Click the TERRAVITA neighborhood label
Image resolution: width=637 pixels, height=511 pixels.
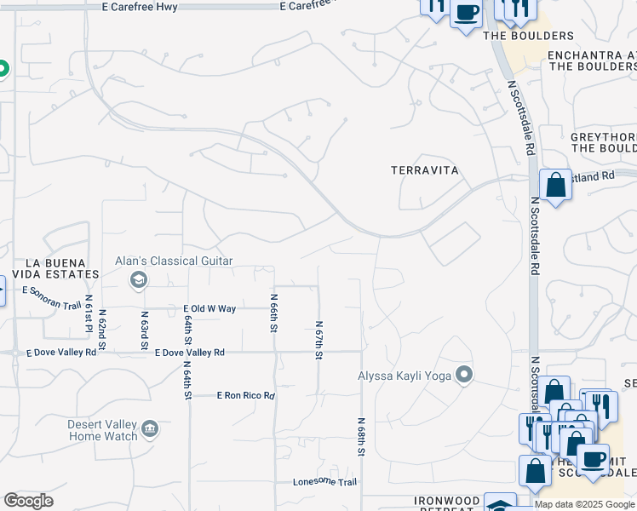tap(425, 170)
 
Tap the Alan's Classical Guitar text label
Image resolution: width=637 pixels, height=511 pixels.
tap(175, 261)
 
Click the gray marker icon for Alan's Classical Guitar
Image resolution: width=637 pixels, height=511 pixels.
tap(137, 279)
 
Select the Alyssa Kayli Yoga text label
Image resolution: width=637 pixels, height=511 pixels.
tap(405, 374)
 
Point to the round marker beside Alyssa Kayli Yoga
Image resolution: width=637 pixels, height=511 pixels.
tap(464, 374)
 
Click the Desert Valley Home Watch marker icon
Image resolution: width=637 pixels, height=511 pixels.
tap(150, 428)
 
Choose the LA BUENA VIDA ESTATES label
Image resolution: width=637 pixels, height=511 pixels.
tap(51, 267)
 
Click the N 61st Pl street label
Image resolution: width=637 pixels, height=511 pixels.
tap(88, 313)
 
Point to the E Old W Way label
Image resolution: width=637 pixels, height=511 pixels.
tap(209, 308)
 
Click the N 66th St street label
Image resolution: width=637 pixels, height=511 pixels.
tap(274, 313)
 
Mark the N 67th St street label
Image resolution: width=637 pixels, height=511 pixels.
tap(318, 340)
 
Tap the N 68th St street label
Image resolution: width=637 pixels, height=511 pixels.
tap(361, 437)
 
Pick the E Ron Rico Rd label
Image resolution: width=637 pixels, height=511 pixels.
tap(246, 396)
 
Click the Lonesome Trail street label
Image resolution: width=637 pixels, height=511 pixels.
tap(324, 482)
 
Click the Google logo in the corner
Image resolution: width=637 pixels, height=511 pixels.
tap(29, 501)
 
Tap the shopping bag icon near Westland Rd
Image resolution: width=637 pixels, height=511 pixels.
tap(555, 185)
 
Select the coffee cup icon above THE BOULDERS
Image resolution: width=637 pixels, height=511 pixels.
tap(466, 12)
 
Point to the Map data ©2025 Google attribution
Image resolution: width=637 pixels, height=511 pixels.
tap(585, 504)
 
